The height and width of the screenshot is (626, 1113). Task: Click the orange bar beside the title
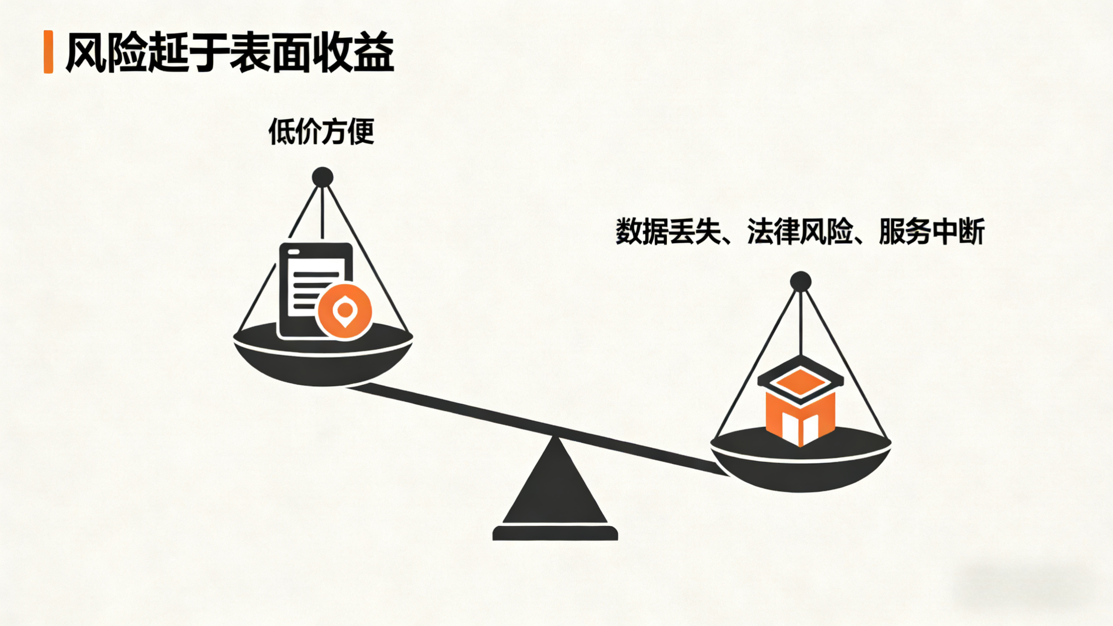pos(48,52)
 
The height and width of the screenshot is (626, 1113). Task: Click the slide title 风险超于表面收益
pos(229,52)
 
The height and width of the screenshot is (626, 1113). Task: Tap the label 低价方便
pos(321,131)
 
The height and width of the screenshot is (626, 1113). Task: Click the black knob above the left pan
pos(323,177)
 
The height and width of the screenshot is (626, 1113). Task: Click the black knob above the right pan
pos(801,282)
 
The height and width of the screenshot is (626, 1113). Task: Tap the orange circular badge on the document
pos(344,312)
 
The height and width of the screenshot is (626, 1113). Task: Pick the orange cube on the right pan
pos(800,415)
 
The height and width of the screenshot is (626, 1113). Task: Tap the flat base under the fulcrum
pos(555,533)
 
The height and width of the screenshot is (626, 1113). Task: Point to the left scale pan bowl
pos(323,363)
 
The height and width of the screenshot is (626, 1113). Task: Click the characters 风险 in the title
pos(106,52)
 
